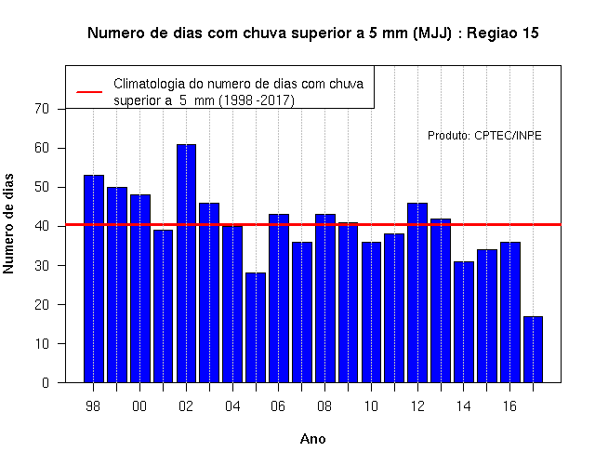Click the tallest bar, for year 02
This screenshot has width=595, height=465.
coord(186,263)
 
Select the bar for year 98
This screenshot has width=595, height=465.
coord(94,279)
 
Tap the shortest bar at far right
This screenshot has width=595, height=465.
coord(533,350)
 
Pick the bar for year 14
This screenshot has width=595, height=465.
coord(464,322)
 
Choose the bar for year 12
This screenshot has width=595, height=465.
coord(417,293)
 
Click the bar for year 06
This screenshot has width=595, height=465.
coord(279,299)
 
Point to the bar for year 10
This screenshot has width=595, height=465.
coord(372,312)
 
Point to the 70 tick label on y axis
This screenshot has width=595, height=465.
coord(42,109)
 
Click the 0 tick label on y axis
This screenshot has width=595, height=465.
coord(46,382)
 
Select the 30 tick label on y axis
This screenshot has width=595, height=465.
coord(42,265)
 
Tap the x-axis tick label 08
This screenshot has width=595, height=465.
coord(324,406)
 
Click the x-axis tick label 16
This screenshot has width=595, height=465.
coord(509,406)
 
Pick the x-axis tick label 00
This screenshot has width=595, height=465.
coord(139,406)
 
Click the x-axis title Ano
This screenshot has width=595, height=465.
coord(313,439)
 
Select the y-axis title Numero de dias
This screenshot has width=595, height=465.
coord(8,223)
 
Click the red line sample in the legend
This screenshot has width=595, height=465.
coord(89,92)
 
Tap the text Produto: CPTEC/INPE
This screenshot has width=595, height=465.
coord(484,136)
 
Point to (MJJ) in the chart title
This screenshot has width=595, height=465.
coord(432,33)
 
